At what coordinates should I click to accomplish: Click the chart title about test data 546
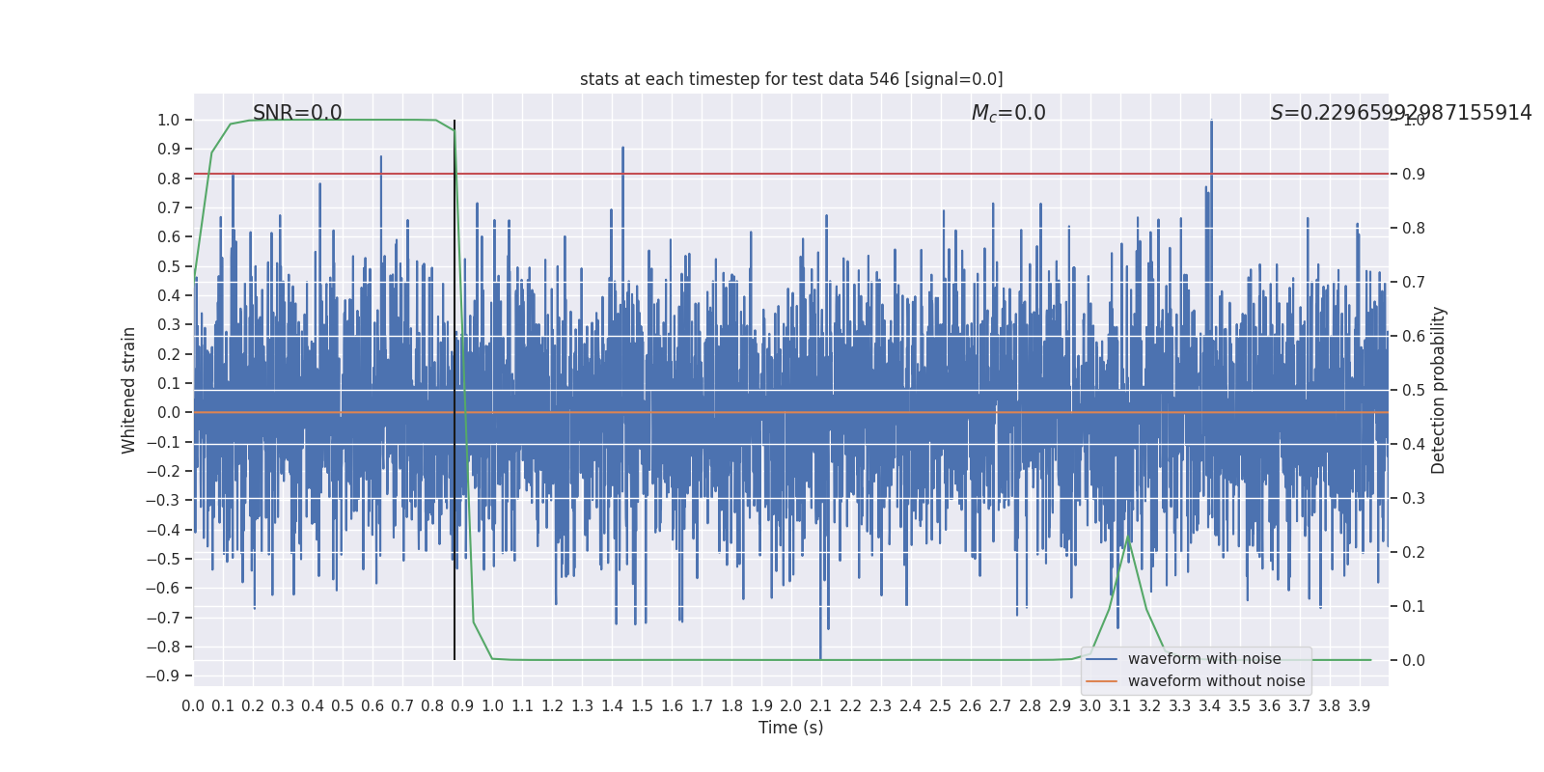791,79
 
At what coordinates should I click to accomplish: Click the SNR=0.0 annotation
297,113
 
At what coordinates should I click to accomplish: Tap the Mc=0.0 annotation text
1008,113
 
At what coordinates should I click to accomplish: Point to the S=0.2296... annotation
1400,113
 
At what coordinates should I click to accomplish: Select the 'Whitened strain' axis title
129,390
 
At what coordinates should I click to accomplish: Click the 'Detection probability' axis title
1439,390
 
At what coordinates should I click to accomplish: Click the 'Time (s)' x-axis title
790,728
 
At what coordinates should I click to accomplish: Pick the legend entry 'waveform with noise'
1204,659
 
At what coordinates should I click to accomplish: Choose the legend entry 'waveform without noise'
1216,681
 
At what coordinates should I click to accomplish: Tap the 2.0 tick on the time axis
791,706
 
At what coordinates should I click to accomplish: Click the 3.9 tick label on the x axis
1359,706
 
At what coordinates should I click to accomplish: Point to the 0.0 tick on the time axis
193,706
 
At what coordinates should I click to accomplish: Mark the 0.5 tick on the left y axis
169,266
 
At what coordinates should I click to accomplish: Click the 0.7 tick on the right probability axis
1414,283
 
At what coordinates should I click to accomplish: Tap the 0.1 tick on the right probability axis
1414,606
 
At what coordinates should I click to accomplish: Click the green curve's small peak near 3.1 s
1128,537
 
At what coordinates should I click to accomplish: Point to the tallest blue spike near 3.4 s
1211,122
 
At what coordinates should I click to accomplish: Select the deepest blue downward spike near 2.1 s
820,658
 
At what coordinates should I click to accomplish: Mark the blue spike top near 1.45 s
622,148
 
